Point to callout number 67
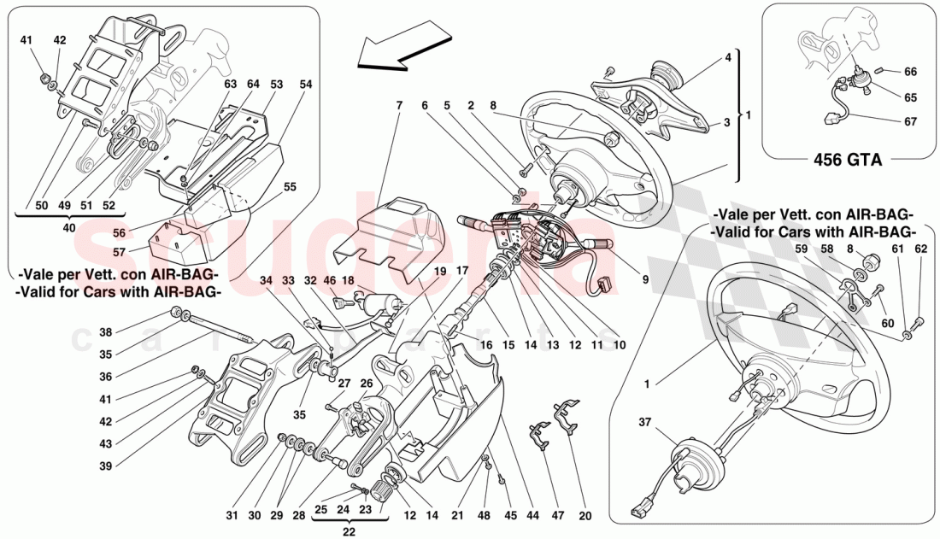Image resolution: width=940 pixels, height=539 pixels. [x=909, y=121]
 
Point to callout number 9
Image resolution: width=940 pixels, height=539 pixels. [x=645, y=278]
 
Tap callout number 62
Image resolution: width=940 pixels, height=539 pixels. [x=919, y=249]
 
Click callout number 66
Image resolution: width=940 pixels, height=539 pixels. [x=909, y=72]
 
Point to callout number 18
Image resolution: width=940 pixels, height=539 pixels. [x=349, y=279]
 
